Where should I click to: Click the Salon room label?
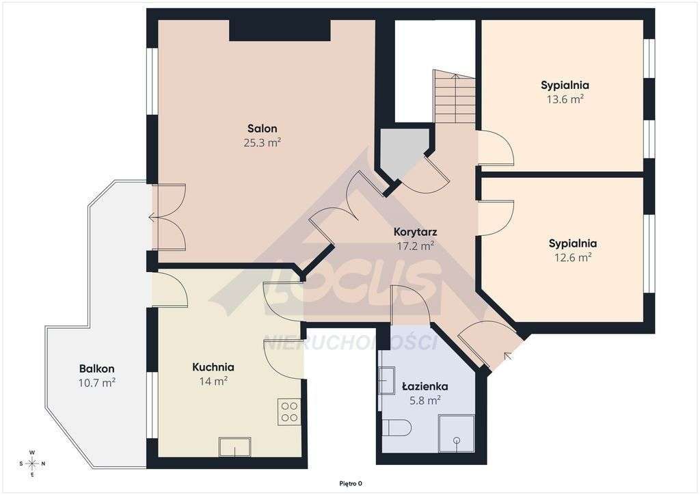pyautogui.click(x=262, y=129)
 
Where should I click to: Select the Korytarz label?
pyautogui.click(x=415, y=231)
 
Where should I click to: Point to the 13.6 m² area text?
pyautogui.click(x=565, y=99)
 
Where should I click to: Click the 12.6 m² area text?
pyautogui.click(x=572, y=258)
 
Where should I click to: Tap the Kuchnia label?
pyautogui.click(x=213, y=367)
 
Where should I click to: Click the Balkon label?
pyautogui.click(x=96, y=369)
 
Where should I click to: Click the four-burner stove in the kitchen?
pyautogui.click(x=289, y=411)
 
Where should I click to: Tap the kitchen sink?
pyautogui.click(x=234, y=447)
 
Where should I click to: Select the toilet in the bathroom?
pyautogui.click(x=396, y=429)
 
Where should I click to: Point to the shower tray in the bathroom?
pyautogui.click(x=456, y=433)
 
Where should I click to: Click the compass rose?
pyautogui.click(x=32, y=463)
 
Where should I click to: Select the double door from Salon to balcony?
pyautogui.click(x=167, y=218)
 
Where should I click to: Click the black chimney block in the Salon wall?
pyautogui.click(x=280, y=31)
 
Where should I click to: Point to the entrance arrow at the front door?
pyautogui.click(x=507, y=356)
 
